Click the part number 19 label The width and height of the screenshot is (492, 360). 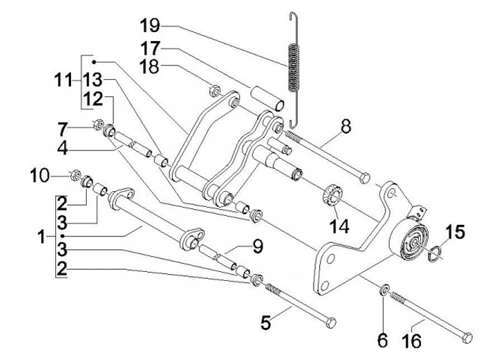click(150, 25)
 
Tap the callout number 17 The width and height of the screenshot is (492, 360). click(150, 49)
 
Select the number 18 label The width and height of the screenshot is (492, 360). click(150, 66)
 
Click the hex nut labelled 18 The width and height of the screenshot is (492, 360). click(215, 91)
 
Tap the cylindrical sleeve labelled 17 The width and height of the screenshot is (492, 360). click(267, 98)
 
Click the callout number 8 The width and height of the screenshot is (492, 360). click(346, 128)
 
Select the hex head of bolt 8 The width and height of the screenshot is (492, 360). click(365, 178)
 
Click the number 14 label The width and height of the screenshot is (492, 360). click(340, 225)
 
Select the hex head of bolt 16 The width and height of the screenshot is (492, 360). click(467, 338)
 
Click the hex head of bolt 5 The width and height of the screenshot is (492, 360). click(331, 322)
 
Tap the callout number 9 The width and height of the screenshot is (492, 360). click(258, 247)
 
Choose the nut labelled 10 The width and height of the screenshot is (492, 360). click(75, 176)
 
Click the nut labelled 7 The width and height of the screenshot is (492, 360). click(98, 124)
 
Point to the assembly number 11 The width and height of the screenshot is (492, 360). click(63, 81)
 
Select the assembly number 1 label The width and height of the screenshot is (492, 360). click(42, 237)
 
